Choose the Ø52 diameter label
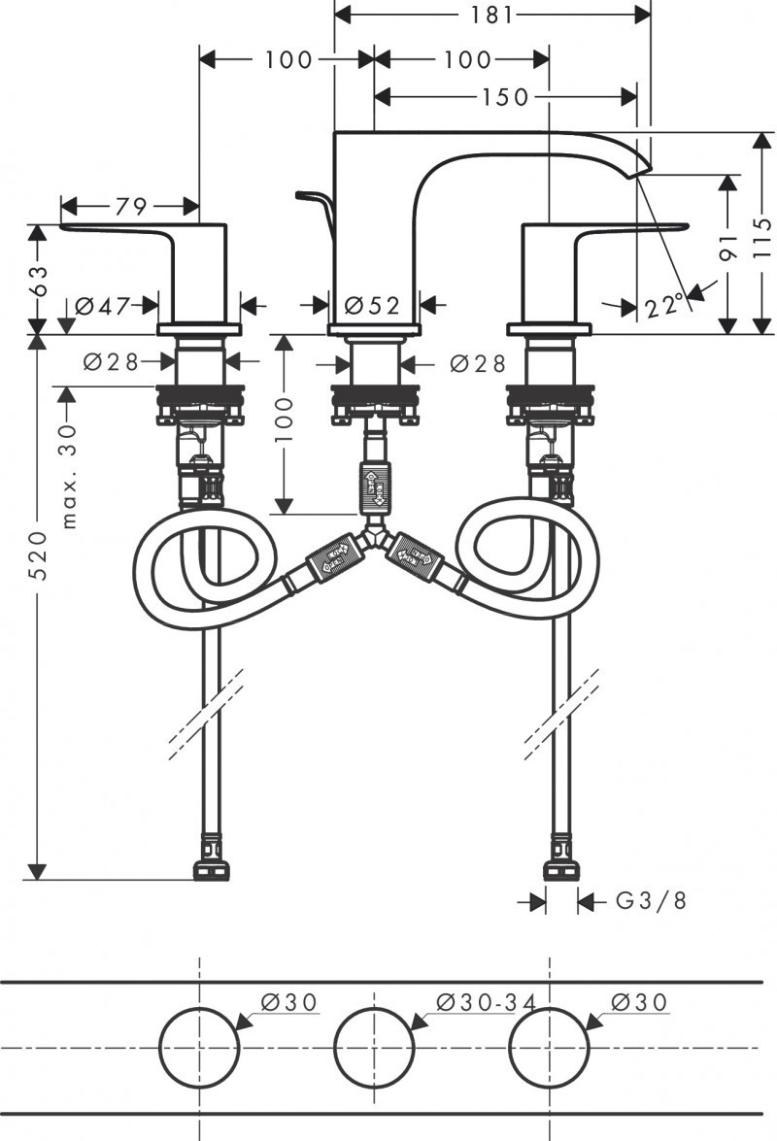tap(371, 306)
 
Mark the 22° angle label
tap(665, 307)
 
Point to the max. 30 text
tap(68, 476)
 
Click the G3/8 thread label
tap(651, 901)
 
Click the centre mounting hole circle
tap(374, 1048)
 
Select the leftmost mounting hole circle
tap(198, 1048)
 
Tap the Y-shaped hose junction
tap(374, 535)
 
